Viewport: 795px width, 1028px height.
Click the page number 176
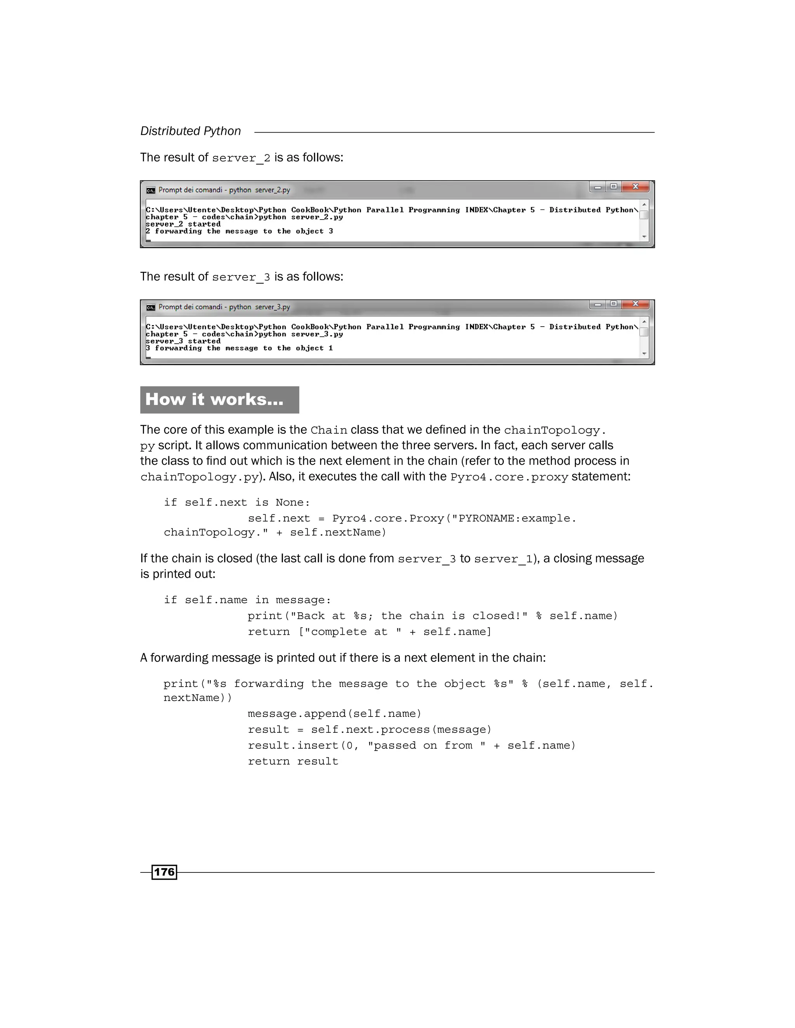tap(164, 872)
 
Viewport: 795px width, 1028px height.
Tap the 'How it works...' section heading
tap(214, 400)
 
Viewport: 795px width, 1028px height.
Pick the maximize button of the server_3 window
tap(613, 304)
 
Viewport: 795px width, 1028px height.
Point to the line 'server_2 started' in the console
tap(183, 224)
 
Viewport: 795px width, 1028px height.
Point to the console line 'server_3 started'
tap(183, 341)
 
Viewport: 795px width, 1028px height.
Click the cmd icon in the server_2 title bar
tap(151, 190)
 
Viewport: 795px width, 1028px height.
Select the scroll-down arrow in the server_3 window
tap(644, 354)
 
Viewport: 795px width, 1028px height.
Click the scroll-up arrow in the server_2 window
tap(644, 205)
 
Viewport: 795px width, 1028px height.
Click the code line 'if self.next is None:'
tap(236, 503)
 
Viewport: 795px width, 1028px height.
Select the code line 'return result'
tap(293, 761)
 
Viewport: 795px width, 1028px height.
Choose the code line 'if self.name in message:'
tap(247, 600)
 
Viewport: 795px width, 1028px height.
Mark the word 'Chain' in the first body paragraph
tap(329, 430)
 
